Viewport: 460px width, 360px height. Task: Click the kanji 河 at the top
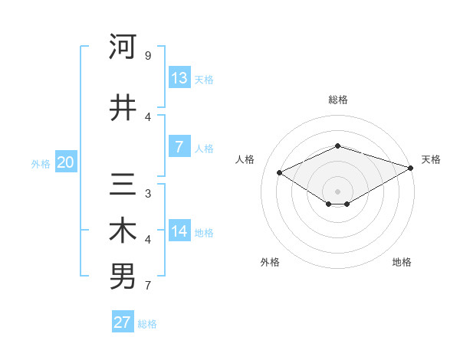pos(123,47)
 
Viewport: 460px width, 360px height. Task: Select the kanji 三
pos(123,185)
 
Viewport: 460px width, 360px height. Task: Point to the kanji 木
pos(123,231)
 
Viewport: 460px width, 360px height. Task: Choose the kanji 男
pos(123,277)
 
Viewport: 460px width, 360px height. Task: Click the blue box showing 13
pos(179,78)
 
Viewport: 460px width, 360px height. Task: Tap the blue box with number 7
pos(179,147)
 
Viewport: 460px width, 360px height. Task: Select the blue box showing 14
pos(179,231)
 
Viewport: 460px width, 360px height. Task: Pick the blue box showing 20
pos(66,162)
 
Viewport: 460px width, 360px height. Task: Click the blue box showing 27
pos(123,322)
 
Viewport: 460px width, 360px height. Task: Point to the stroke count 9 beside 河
pos(148,56)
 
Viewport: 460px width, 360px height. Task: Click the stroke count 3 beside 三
pos(148,193)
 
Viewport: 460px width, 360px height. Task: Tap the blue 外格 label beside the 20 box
pos(41,163)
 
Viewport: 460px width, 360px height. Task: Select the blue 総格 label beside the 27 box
pos(147,323)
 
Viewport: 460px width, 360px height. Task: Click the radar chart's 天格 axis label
pos(431,159)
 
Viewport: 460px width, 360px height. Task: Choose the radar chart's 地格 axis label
pos(402,262)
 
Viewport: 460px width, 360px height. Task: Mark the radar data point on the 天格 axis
pos(412,168)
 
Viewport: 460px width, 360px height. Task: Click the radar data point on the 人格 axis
pos(280,172)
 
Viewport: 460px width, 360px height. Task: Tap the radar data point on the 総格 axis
pos(337,146)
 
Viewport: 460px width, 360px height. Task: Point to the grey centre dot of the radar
pos(337,191)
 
